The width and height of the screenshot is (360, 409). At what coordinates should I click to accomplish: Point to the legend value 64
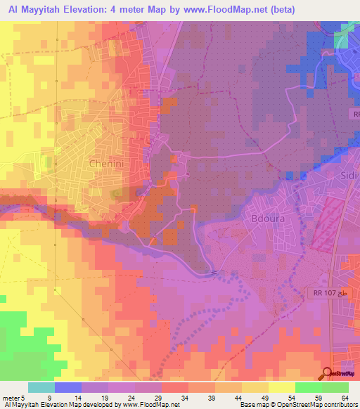coord(345,398)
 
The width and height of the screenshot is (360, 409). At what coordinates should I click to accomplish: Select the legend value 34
coord(185,398)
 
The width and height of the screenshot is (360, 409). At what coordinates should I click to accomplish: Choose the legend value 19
coord(105,398)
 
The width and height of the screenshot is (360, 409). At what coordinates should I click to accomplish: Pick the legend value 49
coord(265,398)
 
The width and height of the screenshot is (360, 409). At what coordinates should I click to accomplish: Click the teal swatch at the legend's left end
coord(41,387)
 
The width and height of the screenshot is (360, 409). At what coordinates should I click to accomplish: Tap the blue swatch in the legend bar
coord(67,387)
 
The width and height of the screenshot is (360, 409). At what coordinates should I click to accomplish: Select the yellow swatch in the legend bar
coord(281,387)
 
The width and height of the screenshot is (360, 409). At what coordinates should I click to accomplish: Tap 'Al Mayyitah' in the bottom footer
coord(22,405)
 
